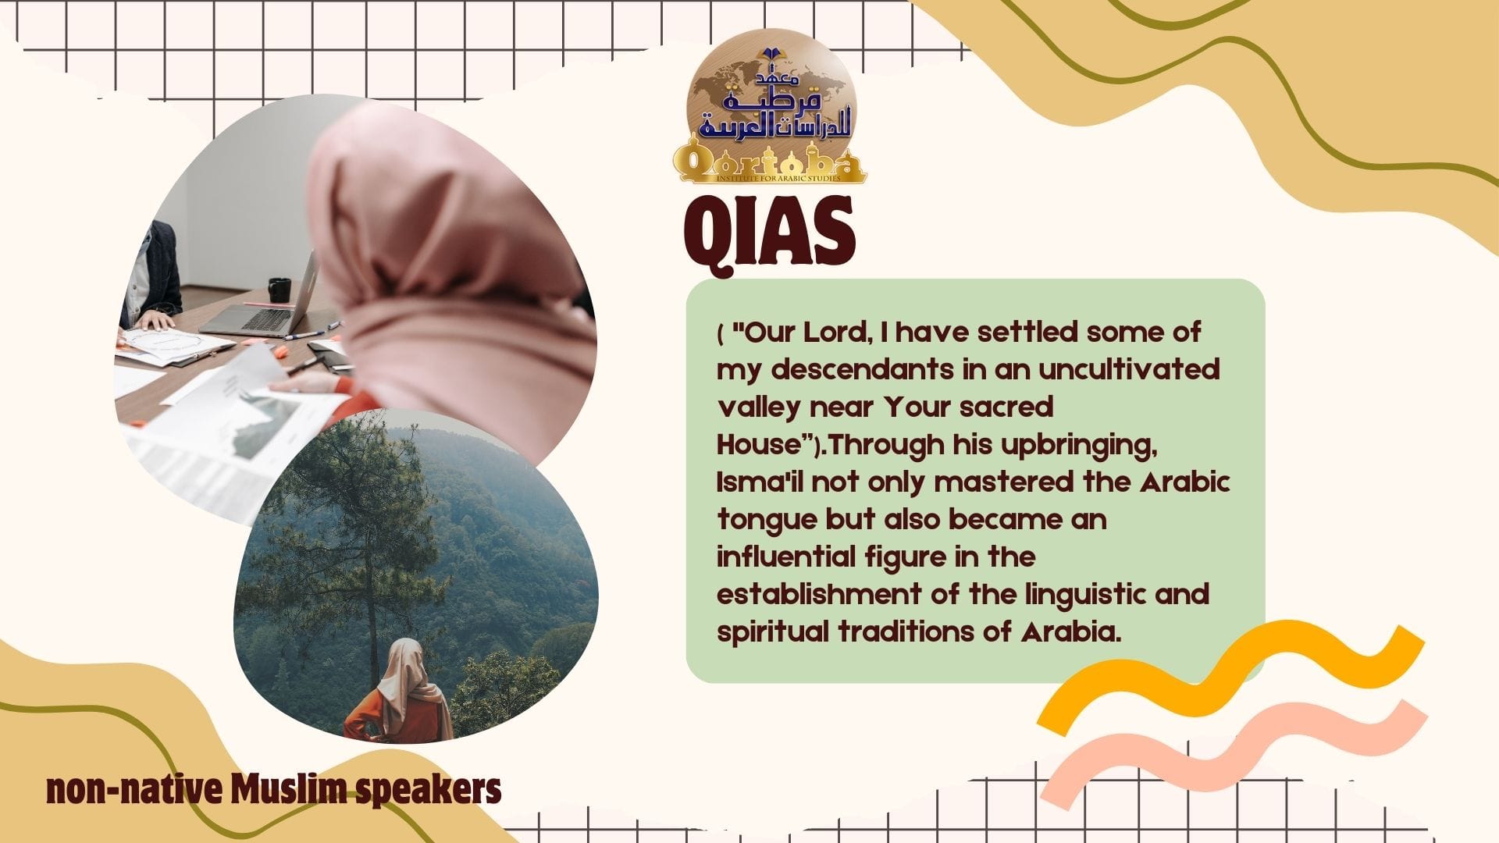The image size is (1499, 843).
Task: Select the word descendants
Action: tap(862, 370)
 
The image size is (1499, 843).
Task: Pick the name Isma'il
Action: tap(760, 482)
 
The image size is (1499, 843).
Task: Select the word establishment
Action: tap(818, 595)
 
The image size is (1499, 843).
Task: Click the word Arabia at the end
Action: tap(1070, 632)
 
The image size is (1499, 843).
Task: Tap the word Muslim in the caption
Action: tap(289, 790)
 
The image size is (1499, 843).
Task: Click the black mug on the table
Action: tap(279, 290)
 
